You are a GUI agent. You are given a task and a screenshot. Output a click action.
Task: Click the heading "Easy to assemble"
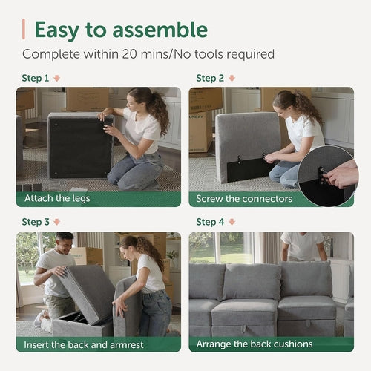[x=120, y=30]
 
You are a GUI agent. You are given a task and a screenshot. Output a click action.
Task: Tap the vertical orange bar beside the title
[x=24, y=30]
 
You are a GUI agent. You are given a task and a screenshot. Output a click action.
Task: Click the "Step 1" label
[x=36, y=78]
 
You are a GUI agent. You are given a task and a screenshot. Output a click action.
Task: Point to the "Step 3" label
[x=36, y=222]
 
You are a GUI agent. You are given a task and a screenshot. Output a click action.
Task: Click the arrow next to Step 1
[x=56, y=78]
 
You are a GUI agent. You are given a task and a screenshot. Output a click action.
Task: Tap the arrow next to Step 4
[x=232, y=222]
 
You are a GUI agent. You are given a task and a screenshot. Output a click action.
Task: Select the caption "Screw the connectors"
[x=245, y=199]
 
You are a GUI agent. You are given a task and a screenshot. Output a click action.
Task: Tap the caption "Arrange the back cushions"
[x=255, y=344]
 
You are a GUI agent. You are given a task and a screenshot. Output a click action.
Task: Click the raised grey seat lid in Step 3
[x=88, y=290]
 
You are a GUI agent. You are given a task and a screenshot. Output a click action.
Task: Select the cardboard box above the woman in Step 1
[x=88, y=97]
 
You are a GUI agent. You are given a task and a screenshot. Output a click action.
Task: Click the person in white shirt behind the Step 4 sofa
[x=302, y=246]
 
